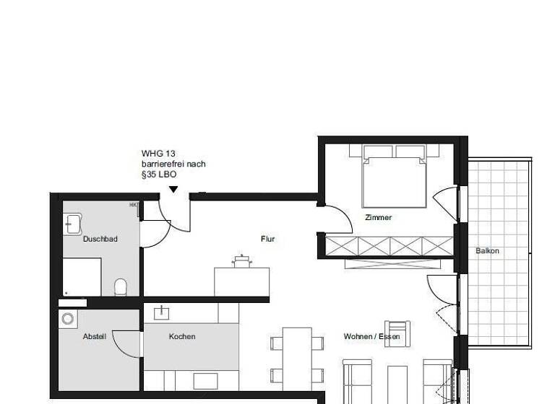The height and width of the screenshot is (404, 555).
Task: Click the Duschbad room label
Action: pos(100,239)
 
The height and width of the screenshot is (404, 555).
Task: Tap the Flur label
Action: pos(267,239)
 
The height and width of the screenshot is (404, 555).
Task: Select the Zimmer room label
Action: pos(379,217)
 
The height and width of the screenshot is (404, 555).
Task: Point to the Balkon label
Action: pos(487,251)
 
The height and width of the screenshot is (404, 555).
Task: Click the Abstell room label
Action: pos(94,336)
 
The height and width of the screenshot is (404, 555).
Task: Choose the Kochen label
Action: pos(182,336)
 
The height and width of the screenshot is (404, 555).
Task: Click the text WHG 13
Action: pos(158,154)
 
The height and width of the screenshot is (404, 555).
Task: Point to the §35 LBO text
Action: pos(158,175)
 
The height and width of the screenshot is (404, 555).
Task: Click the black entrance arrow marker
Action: pos(173,190)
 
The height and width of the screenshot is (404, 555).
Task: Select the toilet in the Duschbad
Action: pos(121,287)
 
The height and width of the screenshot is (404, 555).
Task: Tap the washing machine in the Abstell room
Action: pos(69,318)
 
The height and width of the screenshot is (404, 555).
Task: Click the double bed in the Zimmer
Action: pos(393,177)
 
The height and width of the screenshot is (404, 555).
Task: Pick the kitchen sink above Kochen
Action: pos(160,312)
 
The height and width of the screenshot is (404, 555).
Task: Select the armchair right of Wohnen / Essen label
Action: pos(397,333)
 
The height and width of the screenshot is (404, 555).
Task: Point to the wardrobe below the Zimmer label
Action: pos(390,245)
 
